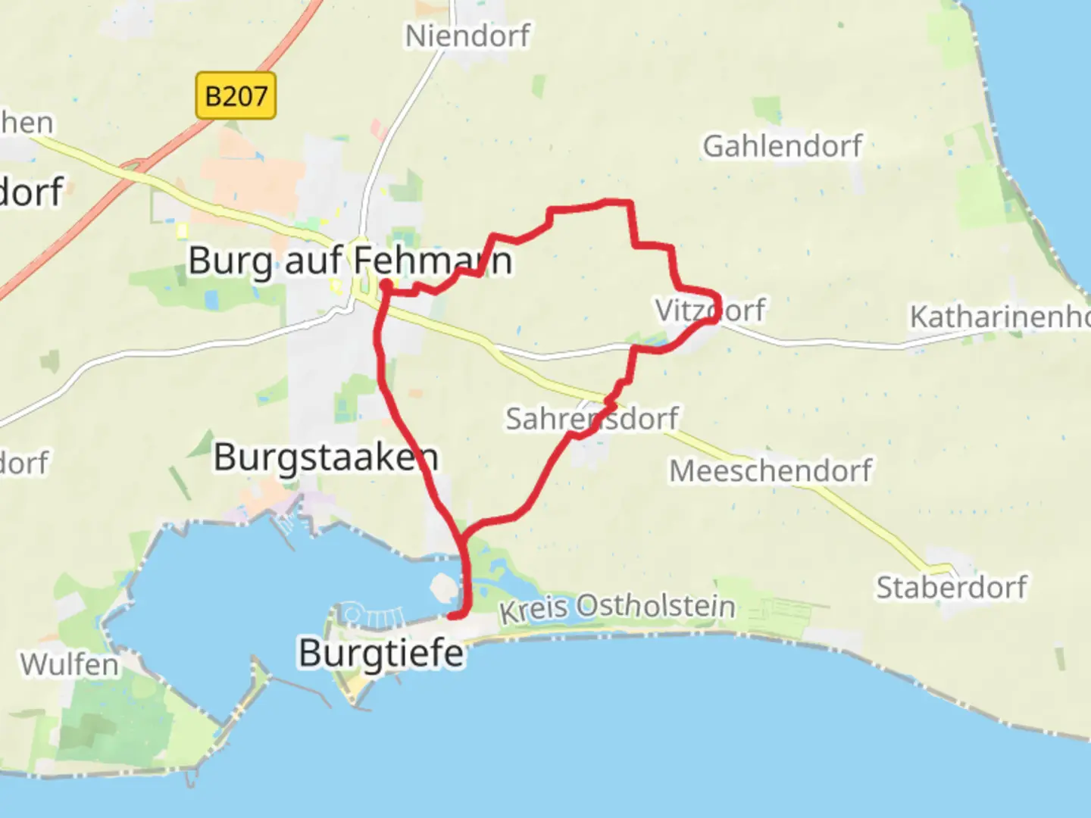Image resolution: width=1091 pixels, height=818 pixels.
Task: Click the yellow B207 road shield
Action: (236, 96)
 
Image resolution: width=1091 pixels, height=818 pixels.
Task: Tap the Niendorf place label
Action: (467, 36)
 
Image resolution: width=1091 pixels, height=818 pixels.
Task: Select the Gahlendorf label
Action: (782, 146)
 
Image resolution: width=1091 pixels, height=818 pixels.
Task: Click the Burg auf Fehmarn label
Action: (349, 261)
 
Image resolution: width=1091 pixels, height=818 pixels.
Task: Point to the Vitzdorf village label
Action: (709, 310)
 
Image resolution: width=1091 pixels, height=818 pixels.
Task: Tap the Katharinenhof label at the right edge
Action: (999, 317)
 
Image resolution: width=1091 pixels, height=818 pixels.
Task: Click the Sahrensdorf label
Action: (592, 418)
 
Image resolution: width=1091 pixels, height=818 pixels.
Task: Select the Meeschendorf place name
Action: (770, 470)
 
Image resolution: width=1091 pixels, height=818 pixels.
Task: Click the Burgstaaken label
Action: (326, 457)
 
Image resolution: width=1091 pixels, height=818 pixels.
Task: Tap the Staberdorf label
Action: (952, 587)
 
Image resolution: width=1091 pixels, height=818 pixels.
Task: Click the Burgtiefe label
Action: (381, 653)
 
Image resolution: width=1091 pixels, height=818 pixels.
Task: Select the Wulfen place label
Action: (70, 664)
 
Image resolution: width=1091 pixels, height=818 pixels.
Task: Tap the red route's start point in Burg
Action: (386, 284)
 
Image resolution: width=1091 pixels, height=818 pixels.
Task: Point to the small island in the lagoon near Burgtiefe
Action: (442, 587)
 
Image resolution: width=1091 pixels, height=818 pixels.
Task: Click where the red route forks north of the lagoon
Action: (461, 535)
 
